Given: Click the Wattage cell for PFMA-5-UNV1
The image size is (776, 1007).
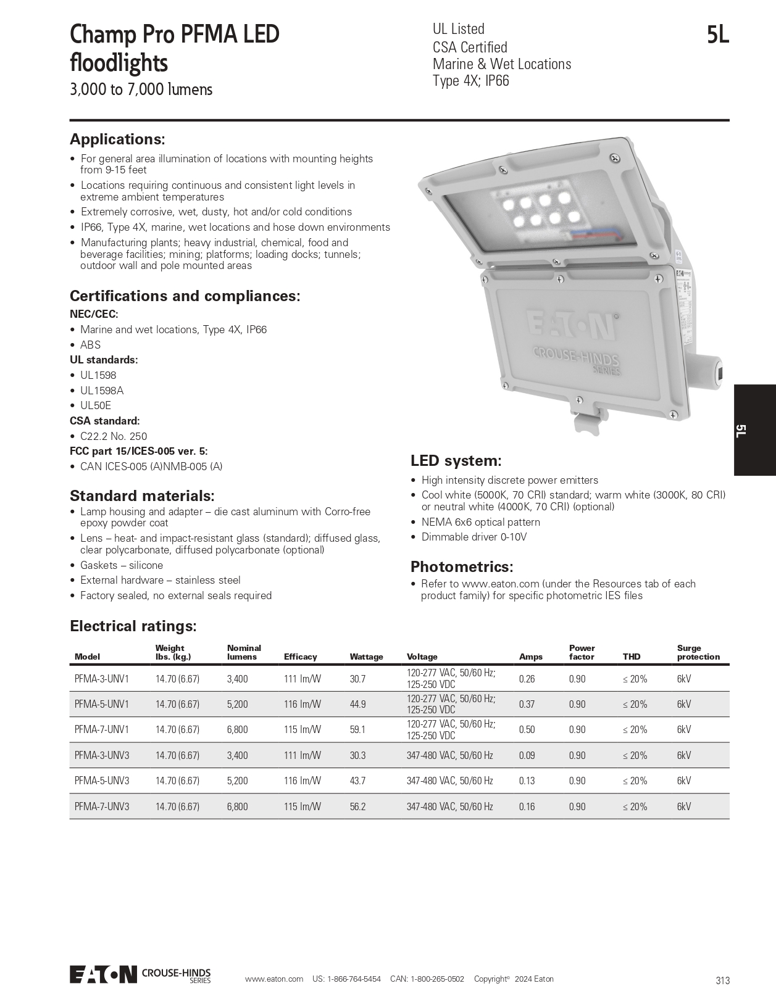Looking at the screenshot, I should tap(357, 704).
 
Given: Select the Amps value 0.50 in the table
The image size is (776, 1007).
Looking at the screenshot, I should tap(527, 729).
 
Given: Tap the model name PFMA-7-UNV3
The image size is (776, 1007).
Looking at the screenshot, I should tap(102, 806).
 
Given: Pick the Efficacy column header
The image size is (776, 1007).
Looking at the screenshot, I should tap(300, 657).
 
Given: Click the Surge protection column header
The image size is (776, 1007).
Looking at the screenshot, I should tap(698, 652).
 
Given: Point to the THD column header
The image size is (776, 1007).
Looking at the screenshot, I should tap(632, 657).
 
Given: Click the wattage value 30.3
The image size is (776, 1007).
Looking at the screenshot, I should tap(357, 755).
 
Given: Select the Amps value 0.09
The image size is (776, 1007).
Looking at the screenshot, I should tap(527, 755).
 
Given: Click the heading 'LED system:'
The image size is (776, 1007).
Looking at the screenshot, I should tap(456, 461).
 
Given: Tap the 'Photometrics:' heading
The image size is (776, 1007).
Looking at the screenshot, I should tap(462, 566).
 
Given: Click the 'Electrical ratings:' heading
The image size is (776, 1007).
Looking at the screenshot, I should tap(133, 626).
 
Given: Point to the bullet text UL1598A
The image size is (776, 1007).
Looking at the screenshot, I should tap(102, 391).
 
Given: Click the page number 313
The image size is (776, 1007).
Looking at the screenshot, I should tap(723, 980).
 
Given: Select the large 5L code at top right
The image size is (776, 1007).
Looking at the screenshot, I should tap(718, 36).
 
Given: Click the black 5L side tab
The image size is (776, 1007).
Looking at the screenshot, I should tap(754, 430).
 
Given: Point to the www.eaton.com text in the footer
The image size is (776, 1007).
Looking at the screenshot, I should tap(273, 979).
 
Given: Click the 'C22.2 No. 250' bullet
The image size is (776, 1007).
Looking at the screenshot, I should tap(114, 436).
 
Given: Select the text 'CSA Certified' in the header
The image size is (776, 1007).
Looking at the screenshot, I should tap(470, 48).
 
